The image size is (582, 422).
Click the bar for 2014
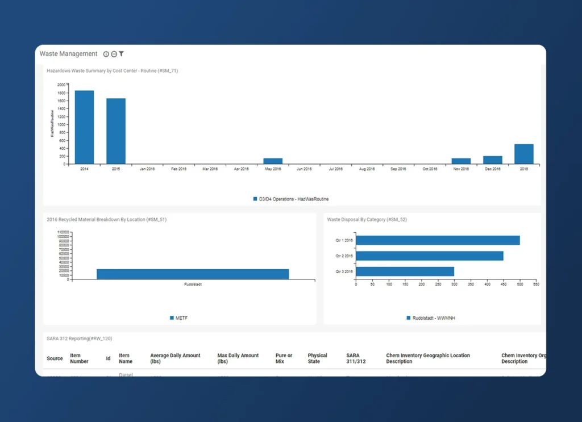pos(84,127)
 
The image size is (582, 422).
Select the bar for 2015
pos(116,131)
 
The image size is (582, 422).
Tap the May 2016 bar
pos(273,161)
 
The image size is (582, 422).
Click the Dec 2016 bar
pos(493,160)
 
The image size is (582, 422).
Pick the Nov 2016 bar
pos(461,161)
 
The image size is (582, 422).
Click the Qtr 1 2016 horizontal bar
pos(438,240)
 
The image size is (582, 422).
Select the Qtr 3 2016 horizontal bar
pos(405,271)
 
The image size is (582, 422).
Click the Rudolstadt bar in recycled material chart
pos(193,274)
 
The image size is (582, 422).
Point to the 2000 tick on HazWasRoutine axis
pos(61,84)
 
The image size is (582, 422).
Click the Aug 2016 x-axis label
pos(367,169)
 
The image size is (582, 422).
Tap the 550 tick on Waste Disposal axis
pos(535,283)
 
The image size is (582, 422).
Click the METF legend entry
pos(179,318)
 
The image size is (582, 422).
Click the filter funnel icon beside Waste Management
pos(122,54)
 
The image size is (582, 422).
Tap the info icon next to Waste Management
pos(106,54)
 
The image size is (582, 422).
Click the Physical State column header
pos(318,358)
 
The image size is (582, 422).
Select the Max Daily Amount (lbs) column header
pos(238,358)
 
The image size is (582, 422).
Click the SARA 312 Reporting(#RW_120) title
pos(79,339)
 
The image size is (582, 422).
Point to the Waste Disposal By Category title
pos(367,219)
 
